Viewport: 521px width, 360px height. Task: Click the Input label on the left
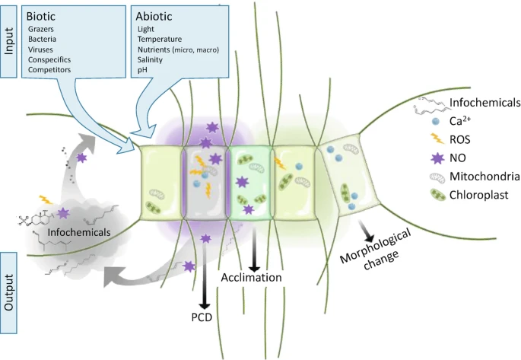click(9, 40)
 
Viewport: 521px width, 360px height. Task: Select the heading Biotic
click(43, 14)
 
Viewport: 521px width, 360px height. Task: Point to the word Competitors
click(49, 70)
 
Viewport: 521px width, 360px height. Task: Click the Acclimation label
click(252, 278)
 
